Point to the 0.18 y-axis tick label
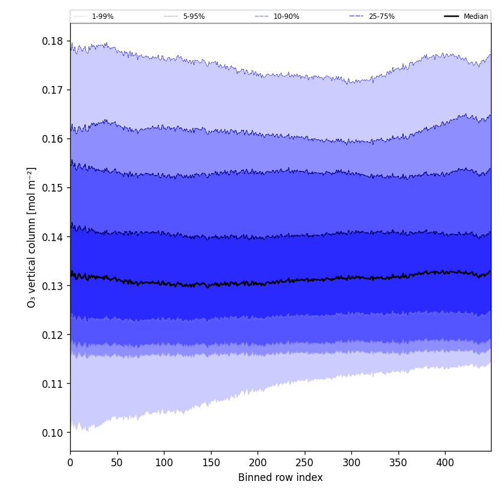coord(53,41)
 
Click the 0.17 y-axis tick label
coord(53,90)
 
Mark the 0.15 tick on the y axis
coord(53,188)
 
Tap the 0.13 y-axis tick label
coord(53,286)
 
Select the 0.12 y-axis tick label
coord(53,335)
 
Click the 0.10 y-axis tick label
coord(53,433)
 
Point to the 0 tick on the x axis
coord(70,463)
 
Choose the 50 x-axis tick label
coord(117,463)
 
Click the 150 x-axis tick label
coord(211,463)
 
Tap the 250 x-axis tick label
coord(305,463)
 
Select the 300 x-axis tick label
coord(351,463)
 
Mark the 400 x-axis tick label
coord(445,463)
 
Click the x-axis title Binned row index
coord(281,478)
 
